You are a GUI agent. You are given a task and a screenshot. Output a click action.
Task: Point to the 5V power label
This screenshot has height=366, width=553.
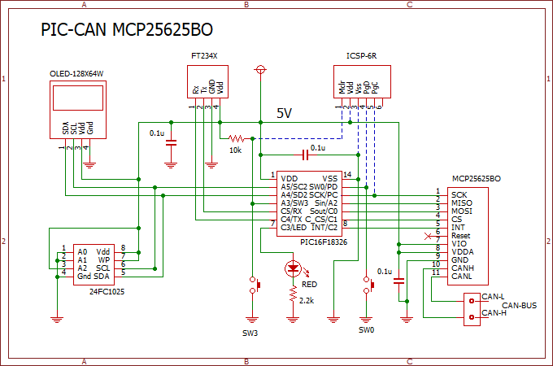pyautogui.click(x=285, y=112)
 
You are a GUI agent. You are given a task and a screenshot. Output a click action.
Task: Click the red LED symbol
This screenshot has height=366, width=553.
pyautogui.click(x=293, y=268)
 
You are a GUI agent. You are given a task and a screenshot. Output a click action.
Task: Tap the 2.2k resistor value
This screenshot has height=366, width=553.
pyautogui.click(x=307, y=300)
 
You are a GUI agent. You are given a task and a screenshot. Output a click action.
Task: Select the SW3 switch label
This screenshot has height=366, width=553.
pyautogui.click(x=251, y=332)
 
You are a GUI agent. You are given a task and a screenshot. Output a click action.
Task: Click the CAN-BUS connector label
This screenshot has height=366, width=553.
pyautogui.click(x=519, y=305)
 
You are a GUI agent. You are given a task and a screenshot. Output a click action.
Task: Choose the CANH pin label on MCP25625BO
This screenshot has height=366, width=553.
pyautogui.click(x=463, y=268)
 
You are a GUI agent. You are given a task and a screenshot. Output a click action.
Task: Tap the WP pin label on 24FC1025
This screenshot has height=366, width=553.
pyautogui.click(x=104, y=259)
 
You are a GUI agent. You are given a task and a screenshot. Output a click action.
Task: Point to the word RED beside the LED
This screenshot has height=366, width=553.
pyautogui.click(x=310, y=285)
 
